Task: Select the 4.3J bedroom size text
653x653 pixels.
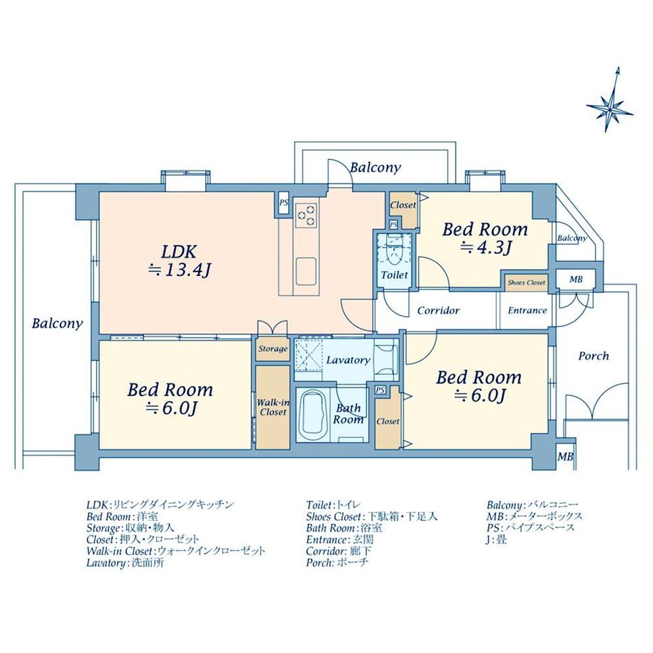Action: [x=486, y=248]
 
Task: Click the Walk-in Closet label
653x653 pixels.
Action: [x=273, y=407]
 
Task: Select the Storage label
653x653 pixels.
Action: [x=273, y=349]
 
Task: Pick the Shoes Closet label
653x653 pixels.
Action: [x=526, y=282]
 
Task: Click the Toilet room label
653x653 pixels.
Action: [x=394, y=275]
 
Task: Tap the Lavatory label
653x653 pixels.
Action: [x=348, y=360]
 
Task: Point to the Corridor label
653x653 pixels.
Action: [x=438, y=310]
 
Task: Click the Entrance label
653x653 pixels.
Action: [x=527, y=310]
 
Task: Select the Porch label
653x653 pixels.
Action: [x=593, y=356]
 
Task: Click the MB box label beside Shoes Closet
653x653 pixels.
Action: [x=576, y=280]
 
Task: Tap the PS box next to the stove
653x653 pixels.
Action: [x=283, y=202]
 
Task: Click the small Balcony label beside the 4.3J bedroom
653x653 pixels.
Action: [x=571, y=238]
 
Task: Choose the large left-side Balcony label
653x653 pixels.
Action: [x=57, y=324]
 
